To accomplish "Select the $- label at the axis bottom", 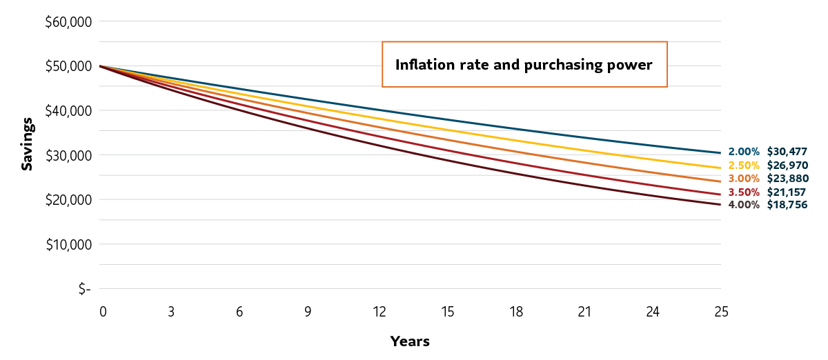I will coord(84,289).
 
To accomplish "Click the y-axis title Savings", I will coord(26,143).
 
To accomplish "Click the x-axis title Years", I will coord(410,341).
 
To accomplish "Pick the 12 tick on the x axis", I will coord(379,312).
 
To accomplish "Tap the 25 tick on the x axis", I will coord(720,312).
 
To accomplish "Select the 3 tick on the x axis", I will coord(170,312).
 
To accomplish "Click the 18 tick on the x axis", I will coord(515,312).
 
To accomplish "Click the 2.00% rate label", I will coord(743,152).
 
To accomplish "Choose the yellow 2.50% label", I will coord(743,166).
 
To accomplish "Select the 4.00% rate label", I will coord(743,205).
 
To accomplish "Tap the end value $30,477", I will coord(787,152).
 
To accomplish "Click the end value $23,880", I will coord(787,179).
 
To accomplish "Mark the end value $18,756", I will coord(787,205).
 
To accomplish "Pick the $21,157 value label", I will coord(787,192).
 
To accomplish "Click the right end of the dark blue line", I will coord(720,152).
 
